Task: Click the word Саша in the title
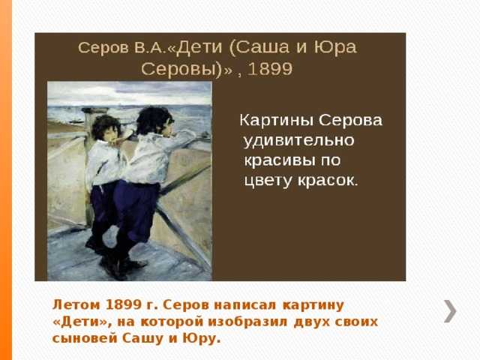pyautogui.click(x=262, y=47)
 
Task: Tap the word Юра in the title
pyautogui.click(x=335, y=47)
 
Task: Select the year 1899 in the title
pyautogui.click(x=270, y=69)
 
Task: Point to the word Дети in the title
pyautogui.click(x=199, y=48)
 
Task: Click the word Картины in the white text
pyautogui.click(x=277, y=120)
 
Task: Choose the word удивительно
pyautogui.click(x=298, y=141)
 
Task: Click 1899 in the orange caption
pyautogui.click(x=123, y=305)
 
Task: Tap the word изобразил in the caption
pyautogui.click(x=248, y=322)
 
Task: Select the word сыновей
pyautogui.click(x=85, y=338)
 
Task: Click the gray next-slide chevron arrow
pyautogui.click(x=450, y=311)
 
